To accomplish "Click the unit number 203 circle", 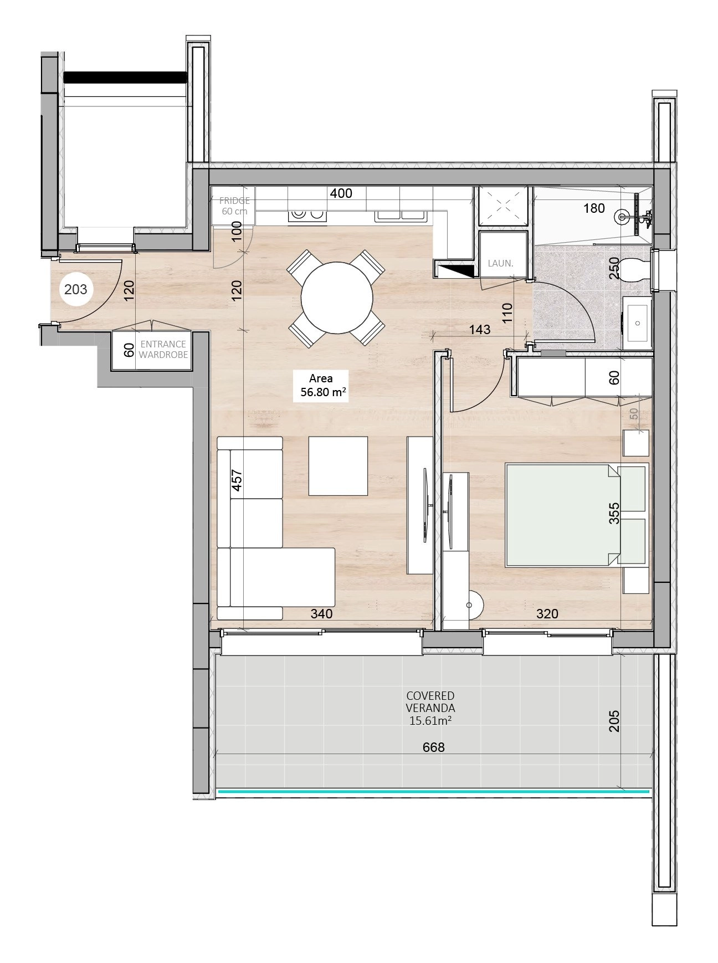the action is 76,289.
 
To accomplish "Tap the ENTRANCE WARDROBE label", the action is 163,350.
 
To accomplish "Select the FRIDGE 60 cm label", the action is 234,206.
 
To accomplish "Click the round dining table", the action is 337,298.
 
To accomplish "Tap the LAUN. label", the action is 500,264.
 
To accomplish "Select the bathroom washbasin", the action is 637,323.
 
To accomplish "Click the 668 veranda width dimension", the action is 433,747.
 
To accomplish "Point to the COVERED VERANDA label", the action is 430,701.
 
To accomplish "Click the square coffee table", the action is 338,466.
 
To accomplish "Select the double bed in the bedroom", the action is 576,515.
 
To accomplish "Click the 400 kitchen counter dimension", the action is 341,193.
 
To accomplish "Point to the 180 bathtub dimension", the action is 594,208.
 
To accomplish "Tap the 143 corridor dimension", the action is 479,330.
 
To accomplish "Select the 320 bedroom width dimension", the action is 547,614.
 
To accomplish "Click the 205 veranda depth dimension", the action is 614,721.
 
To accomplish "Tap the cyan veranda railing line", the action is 433,792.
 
